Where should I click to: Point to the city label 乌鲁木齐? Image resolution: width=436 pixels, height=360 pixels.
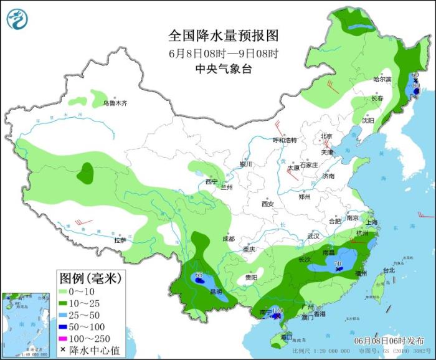(x=115, y=103)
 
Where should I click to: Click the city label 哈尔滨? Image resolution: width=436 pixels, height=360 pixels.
(x=382, y=79)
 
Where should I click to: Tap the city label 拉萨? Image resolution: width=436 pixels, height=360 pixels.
(x=120, y=240)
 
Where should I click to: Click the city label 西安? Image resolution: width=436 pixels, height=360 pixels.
(x=268, y=204)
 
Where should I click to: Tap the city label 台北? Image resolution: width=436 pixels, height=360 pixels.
(x=389, y=270)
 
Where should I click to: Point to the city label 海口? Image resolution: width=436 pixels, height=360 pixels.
(x=287, y=337)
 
